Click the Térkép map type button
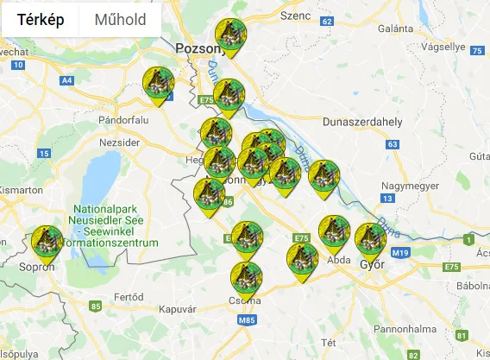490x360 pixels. click(41, 20)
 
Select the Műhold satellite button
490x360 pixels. click(120, 20)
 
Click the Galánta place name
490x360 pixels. click(395, 28)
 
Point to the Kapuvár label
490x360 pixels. click(179, 309)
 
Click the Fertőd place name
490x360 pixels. click(129, 297)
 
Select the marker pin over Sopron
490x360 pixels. click(47, 242)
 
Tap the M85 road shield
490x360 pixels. click(247, 321)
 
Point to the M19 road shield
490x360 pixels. click(399, 252)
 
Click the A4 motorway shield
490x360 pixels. click(66, 80)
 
